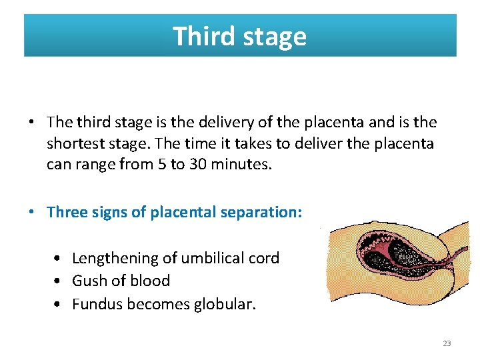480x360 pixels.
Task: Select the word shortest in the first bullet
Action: pyautogui.click(x=73, y=143)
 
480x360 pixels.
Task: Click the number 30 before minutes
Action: pyautogui.click(x=197, y=164)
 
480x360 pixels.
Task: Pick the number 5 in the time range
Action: pyautogui.click(x=159, y=164)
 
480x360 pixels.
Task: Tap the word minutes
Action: pyautogui.click(x=240, y=164)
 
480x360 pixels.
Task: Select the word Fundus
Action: pyautogui.click(x=97, y=304)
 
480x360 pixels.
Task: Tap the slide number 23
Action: pyautogui.click(x=447, y=343)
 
